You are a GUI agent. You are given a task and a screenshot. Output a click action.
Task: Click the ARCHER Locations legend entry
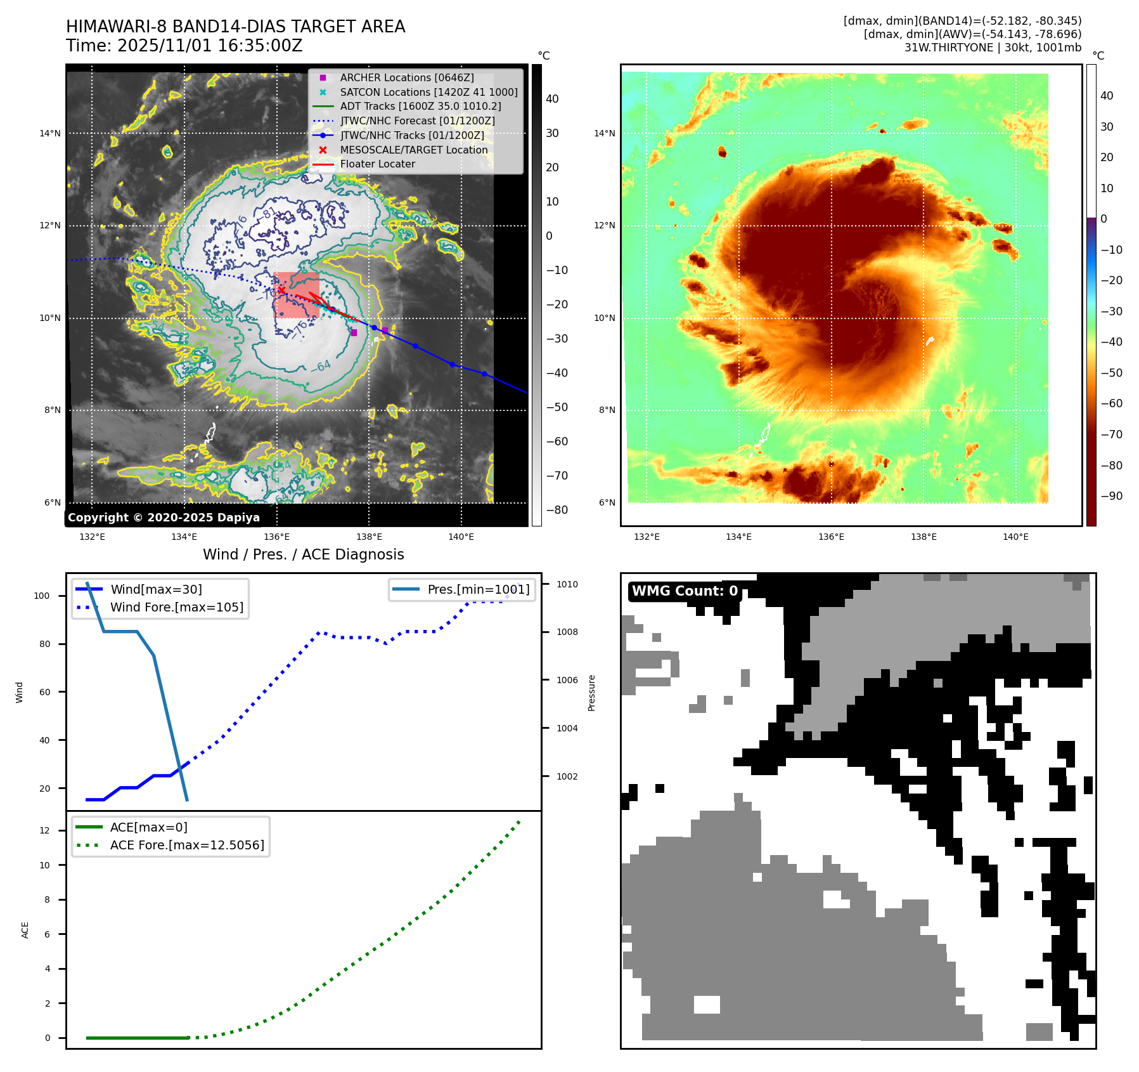(406, 78)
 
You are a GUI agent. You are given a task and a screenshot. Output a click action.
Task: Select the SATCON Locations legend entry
(428, 92)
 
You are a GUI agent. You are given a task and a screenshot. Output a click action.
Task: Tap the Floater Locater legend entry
(377, 164)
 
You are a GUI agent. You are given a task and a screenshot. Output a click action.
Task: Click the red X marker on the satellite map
(281, 291)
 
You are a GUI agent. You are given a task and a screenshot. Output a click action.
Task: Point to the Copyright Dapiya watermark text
(164, 518)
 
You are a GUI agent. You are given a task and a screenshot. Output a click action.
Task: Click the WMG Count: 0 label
(685, 591)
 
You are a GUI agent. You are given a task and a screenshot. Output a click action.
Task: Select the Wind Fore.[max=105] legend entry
(176, 607)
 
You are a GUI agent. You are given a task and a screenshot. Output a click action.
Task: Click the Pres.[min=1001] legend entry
(478, 589)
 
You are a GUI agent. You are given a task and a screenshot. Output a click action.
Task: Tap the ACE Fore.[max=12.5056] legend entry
(187, 845)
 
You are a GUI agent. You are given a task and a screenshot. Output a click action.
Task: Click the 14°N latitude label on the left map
(50, 133)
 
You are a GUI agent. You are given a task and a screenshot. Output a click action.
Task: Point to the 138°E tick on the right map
(923, 537)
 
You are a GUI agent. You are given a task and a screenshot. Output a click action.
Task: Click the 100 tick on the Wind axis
(42, 596)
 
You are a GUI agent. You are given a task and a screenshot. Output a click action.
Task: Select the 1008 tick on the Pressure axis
(567, 632)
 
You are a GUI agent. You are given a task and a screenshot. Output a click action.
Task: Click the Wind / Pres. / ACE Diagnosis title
(303, 554)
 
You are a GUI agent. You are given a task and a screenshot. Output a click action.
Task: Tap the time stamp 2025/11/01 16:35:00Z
(210, 46)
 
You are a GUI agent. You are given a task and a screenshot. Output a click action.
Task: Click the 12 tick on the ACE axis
(44, 830)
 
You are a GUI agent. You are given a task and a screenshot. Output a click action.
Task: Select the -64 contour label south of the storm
(320, 367)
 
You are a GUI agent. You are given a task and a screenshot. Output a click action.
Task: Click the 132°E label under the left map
(92, 537)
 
